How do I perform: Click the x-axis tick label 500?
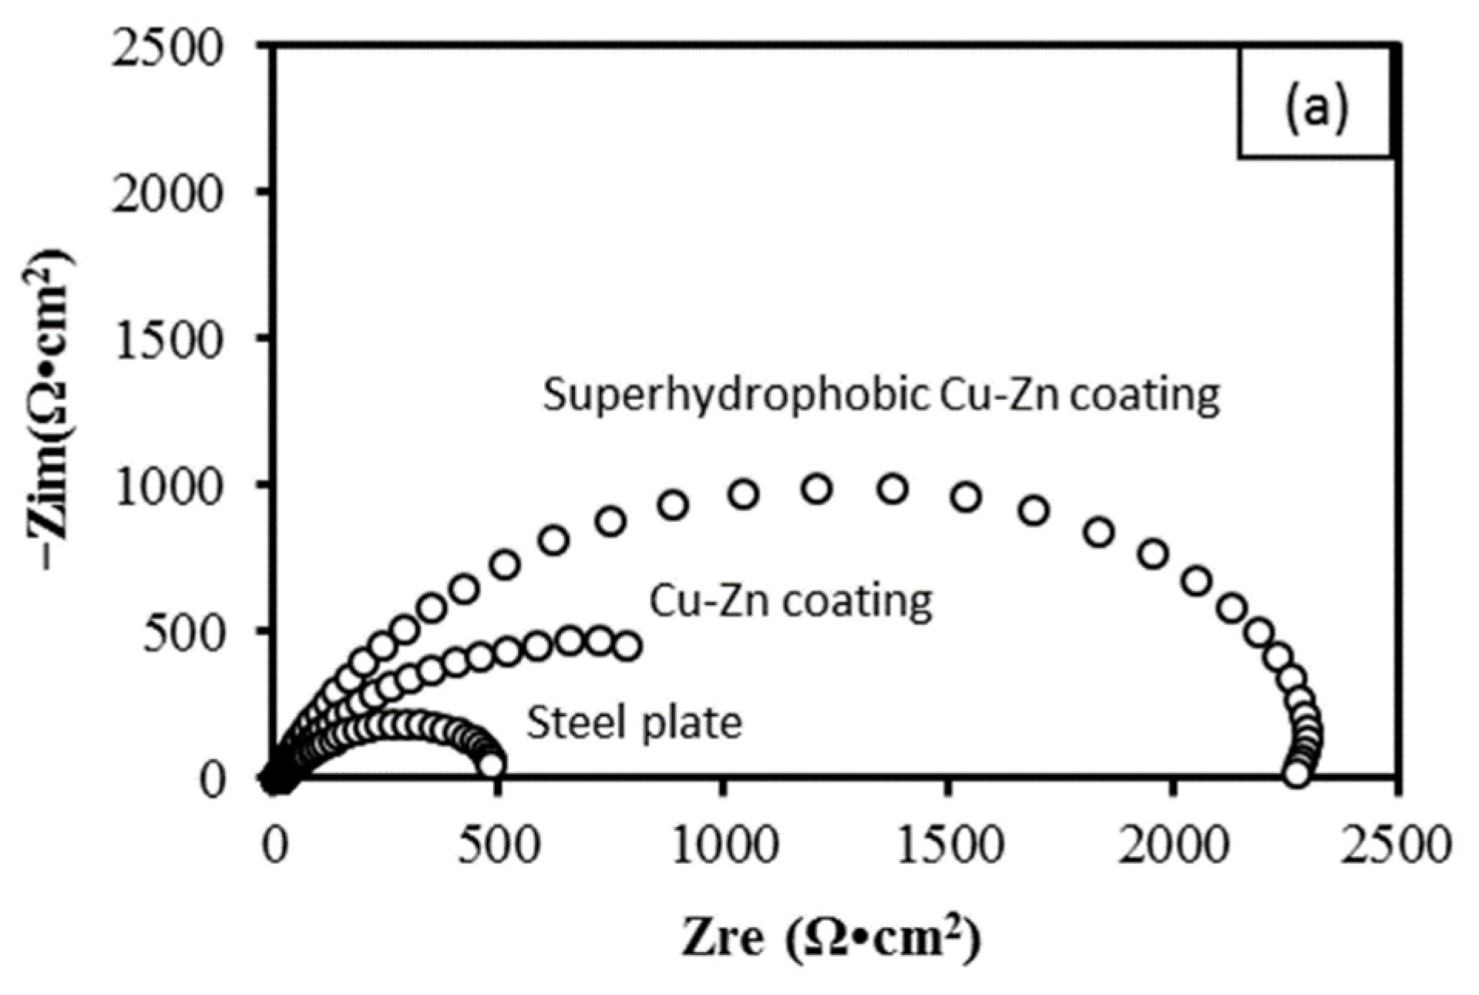pos(499,845)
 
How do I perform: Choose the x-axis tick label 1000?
pos(723,845)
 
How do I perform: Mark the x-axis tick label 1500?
pos(948,845)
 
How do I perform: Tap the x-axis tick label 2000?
pos(1172,845)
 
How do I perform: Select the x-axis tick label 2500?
pos(1396,845)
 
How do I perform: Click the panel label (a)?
pos(1315,107)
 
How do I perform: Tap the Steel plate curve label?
pos(634,723)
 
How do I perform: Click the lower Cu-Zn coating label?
pos(791,600)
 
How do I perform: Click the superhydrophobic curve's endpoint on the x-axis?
pos(1297,772)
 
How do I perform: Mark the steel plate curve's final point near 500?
pos(492,765)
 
